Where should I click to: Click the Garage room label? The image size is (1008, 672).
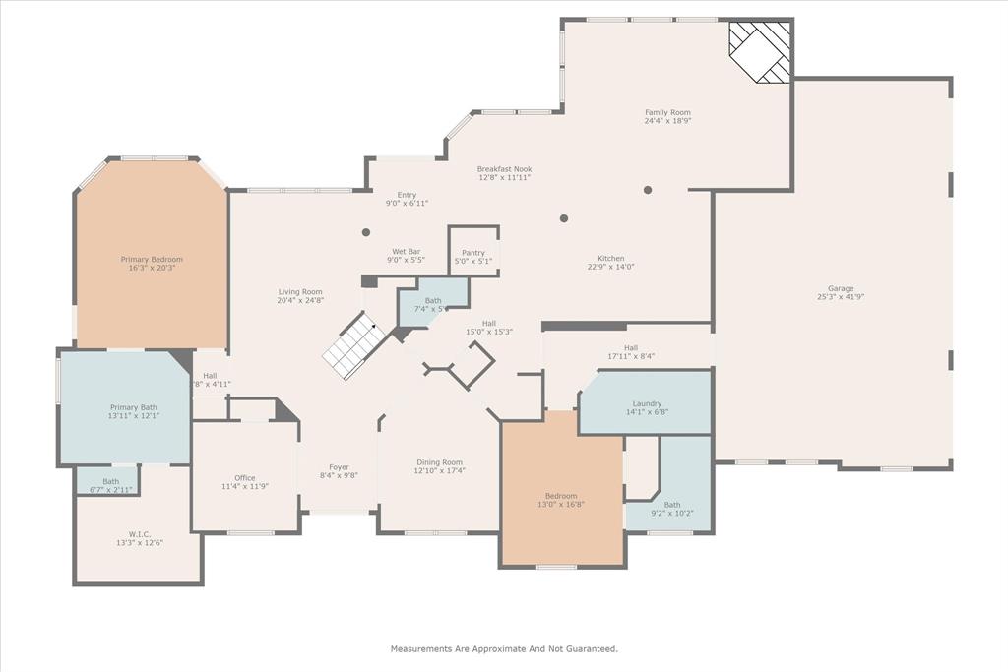(840, 288)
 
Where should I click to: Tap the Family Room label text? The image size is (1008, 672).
(667, 113)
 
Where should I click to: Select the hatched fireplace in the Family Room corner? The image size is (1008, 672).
(760, 52)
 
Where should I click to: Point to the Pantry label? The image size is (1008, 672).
(472, 253)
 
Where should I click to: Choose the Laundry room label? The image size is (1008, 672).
(646, 403)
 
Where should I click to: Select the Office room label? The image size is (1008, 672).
(244, 478)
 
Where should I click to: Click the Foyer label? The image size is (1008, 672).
(339, 467)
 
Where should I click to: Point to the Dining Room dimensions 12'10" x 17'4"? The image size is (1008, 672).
(439, 471)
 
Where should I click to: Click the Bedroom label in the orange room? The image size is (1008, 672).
(561, 495)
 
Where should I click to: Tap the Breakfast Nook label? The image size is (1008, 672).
(504, 169)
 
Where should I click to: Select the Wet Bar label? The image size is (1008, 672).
(407, 252)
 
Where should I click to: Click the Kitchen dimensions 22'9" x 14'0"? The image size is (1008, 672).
(611, 267)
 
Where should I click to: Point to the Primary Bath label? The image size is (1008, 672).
(133, 407)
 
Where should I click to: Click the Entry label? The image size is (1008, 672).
(407, 195)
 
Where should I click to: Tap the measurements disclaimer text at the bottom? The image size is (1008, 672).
(504, 648)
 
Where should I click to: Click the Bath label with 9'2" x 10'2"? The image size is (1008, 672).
(672, 505)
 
